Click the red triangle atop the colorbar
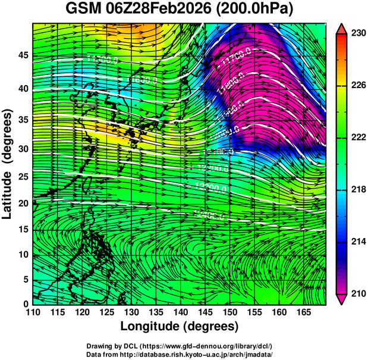coord(342,29)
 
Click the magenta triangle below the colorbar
coord(342,299)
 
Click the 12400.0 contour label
coord(209,215)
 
